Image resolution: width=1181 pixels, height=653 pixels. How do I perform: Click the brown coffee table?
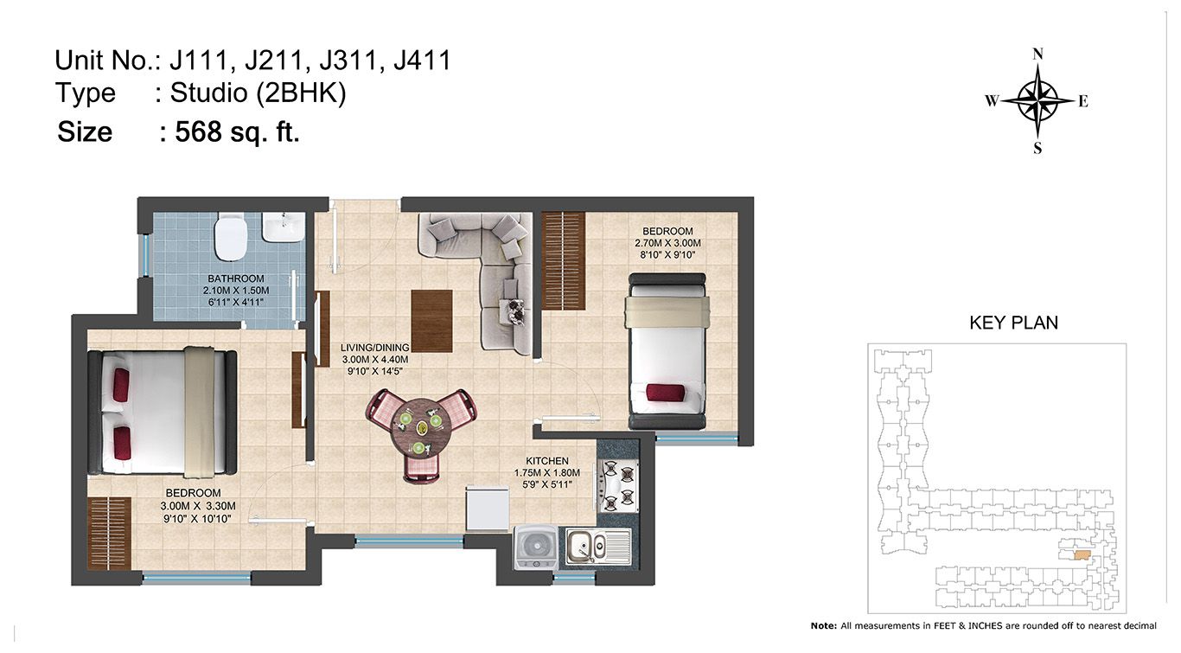[431, 321]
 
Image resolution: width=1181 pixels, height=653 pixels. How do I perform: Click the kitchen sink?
[598, 547]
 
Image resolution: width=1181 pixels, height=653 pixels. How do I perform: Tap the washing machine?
[536, 547]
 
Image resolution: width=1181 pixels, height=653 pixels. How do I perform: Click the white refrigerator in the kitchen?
[487, 508]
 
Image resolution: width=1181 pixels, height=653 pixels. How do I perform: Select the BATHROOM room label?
[236, 278]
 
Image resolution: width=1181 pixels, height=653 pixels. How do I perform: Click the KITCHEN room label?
[546, 461]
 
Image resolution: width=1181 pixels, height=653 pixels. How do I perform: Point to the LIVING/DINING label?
[375, 348]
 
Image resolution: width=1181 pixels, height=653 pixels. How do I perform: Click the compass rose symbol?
[1037, 100]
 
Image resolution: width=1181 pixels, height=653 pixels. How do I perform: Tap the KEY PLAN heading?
[1013, 323]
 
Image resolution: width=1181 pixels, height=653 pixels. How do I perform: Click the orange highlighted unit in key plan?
[1082, 555]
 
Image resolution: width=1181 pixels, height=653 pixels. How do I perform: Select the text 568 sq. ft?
[237, 131]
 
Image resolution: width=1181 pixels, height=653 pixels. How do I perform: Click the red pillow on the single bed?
[666, 393]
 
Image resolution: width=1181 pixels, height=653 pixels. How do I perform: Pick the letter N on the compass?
[1037, 54]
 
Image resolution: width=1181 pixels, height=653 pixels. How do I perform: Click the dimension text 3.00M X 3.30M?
[198, 506]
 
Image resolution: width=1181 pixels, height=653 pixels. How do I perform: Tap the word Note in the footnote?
[823, 626]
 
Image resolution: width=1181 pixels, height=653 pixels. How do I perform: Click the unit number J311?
[349, 61]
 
